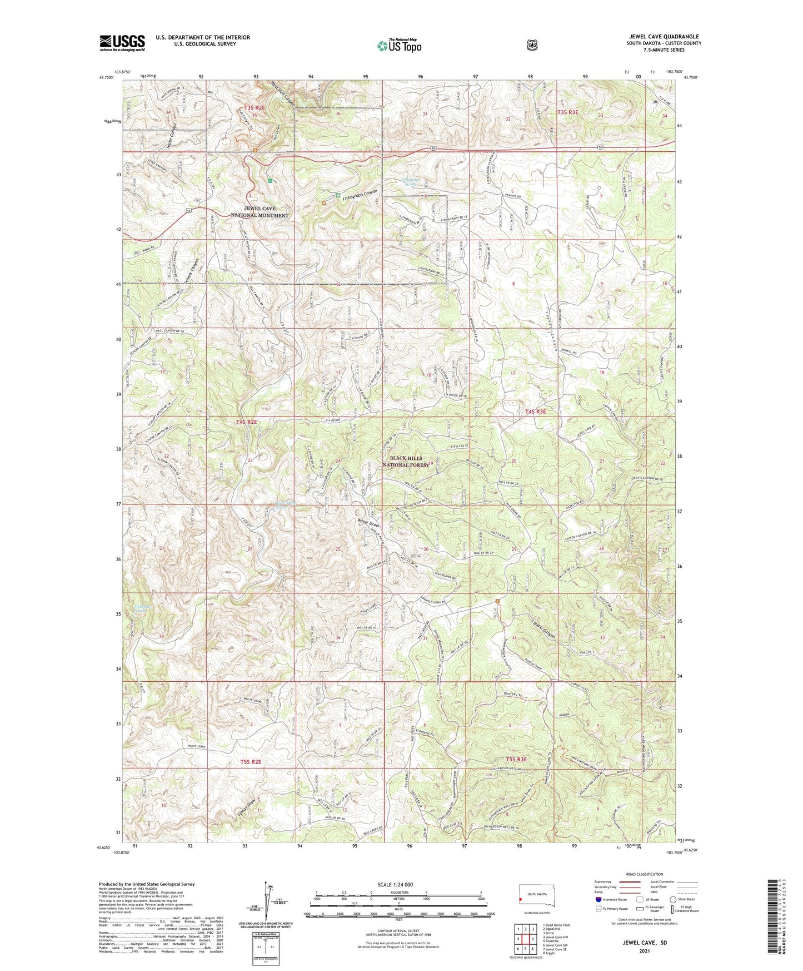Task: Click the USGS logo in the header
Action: pyautogui.click(x=122, y=42)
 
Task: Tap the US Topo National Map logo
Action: pyautogui.click(x=399, y=46)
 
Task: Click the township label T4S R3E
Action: pyautogui.click(x=536, y=412)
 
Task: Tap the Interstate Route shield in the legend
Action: pyautogui.click(x=597, y=899)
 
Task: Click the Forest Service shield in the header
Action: pyautogui.click(x=532, y=44)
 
